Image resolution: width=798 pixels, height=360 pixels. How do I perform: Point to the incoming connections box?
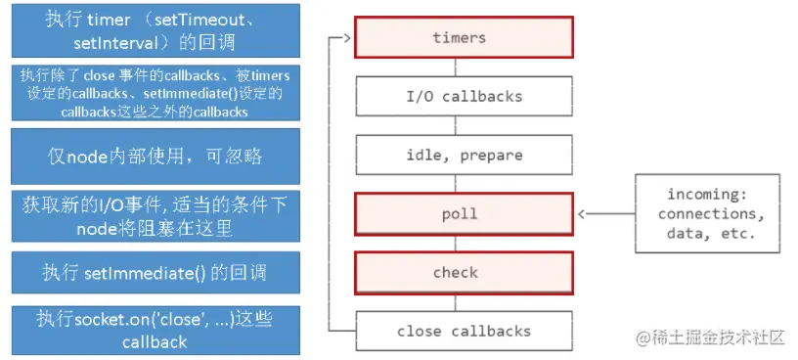[706, 213]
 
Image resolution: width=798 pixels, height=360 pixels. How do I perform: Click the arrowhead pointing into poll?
[583, 213]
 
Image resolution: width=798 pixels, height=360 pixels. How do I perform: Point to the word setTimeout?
[213, 20]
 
